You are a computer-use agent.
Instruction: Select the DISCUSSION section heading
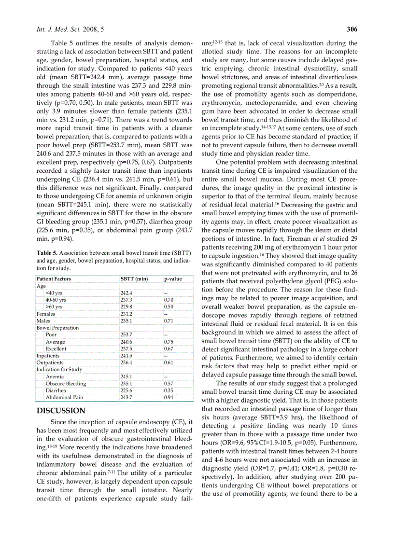pyautogui.click(x=61, y=411)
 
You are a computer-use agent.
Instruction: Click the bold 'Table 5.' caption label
pyautogui.click(x=47, y=252)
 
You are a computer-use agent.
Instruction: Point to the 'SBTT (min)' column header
pyautogui.click(x=134, y=279)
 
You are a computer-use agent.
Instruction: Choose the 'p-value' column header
pyautogui.click(x=173, y=279)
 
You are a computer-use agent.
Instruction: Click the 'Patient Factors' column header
pyautogui.click(x=54, y=279)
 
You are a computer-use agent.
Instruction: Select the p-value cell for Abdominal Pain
pyautogui.click(x=169, y=398)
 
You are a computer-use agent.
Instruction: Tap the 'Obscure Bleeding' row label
pyautogui.click(x=66, y=384)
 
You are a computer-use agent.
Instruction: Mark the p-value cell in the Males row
pyautogui.click(x=169, y=320)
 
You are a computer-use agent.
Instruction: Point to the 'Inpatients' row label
pyautogui.click(x=48, y=356)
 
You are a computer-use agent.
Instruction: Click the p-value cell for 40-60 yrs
pyautogui.click(x=169, y=300)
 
